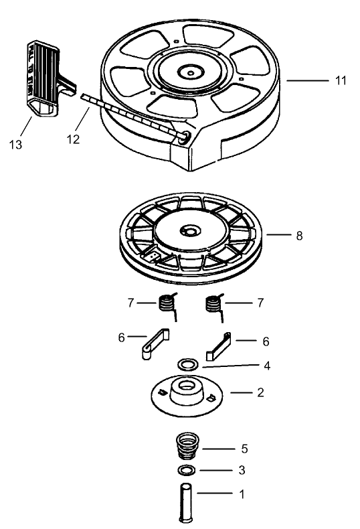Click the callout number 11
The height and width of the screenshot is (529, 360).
pos(341,80)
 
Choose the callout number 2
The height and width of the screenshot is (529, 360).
pos(259,392)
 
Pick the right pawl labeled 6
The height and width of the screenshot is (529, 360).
pos(221,344)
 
